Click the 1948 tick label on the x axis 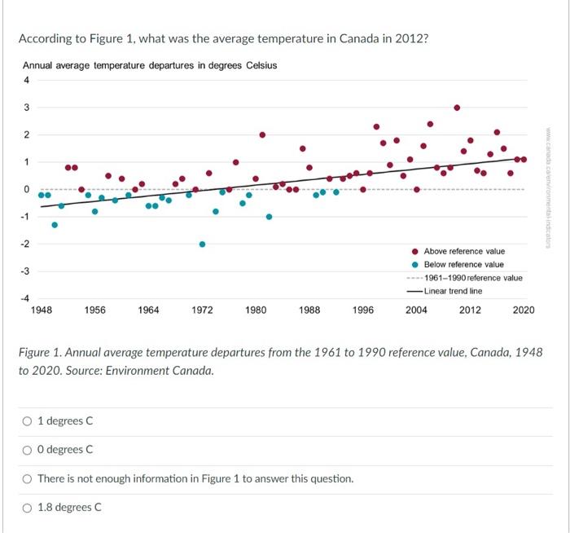click(x=41, y=310)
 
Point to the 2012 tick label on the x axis click(x=470, y=310)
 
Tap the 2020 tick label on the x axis click(x=524, y=310)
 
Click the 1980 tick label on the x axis click(x=256, y=310)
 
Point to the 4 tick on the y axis click(x=26, y=80)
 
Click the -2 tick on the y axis click(x=25, y=244)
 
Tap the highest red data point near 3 click(x=457, y=108)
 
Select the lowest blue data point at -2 click(x=202, y=244)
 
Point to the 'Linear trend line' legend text click(x=453, y=291)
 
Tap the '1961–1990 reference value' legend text click(x=473, y=278)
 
